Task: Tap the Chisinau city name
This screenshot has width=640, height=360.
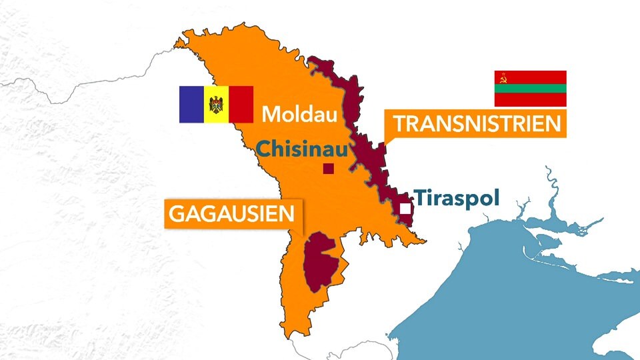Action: [301, 149]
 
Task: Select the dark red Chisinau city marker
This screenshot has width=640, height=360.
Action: [328, 169]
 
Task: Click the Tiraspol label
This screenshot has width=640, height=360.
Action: [457, 198]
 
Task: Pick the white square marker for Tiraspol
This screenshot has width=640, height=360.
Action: [405, 209]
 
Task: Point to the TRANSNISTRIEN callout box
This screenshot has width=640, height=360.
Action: [476, 124]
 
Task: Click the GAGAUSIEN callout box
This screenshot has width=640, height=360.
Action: [232, 213]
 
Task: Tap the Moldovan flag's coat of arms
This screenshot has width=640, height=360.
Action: [216, 104]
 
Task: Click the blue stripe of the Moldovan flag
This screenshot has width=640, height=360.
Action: [191, 104]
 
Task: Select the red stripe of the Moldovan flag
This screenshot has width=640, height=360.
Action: [241, 104]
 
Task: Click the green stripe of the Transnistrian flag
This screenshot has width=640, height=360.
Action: [530, 89]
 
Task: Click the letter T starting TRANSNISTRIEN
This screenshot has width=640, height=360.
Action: [399, 124]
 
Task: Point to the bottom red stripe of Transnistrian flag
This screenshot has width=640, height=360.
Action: [530, 100]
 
